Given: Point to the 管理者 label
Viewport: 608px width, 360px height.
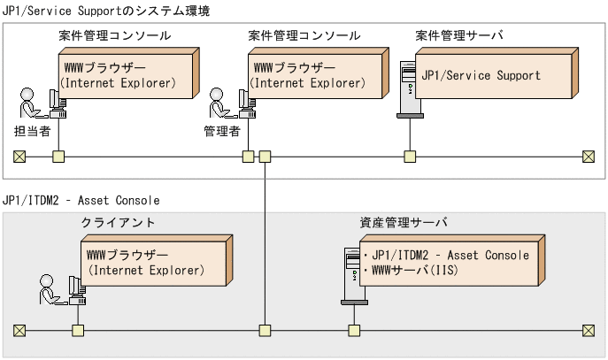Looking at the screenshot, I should pyautogui.click(x=222, y=129).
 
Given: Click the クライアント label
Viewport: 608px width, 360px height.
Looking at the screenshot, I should pyautogui.click(x=118, y=222).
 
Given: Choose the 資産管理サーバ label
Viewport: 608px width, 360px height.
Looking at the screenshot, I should pyautogui.click(x=404, y=222).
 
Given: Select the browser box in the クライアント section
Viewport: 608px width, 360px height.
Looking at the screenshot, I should pyautogui.click(x=154, y=263).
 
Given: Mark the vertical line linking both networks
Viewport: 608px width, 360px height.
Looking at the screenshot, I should pyautogui.click(x=265, y=239).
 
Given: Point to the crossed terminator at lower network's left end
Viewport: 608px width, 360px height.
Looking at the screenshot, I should pyautogui.click(x=19, y=331).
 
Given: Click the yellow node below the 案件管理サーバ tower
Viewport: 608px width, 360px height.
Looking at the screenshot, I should pyautogui.click(x=410, y=157).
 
